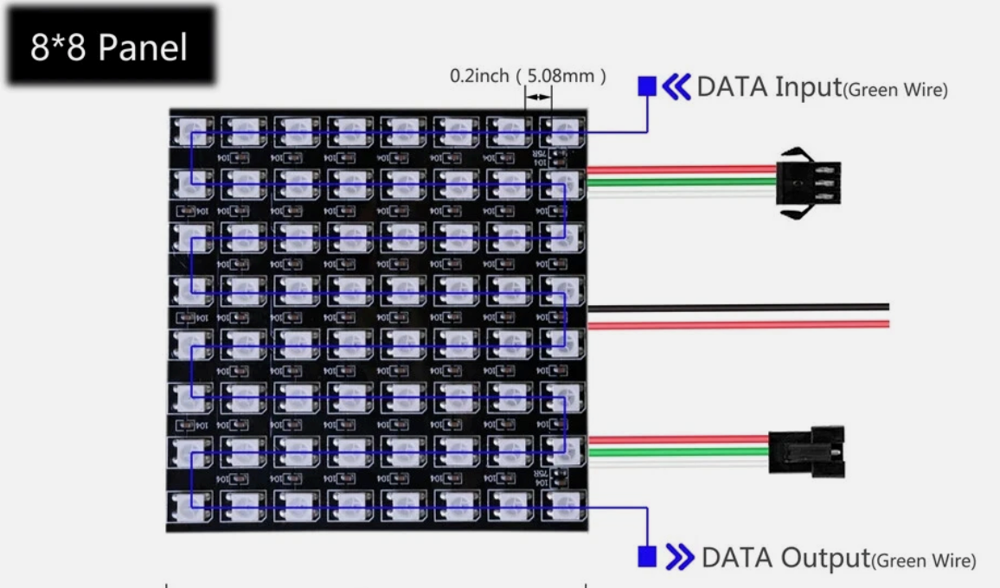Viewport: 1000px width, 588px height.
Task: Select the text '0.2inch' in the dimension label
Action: click(479, 76)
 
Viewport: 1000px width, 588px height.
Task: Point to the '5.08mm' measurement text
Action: click(561, 76)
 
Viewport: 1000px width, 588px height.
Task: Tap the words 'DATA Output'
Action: click(785, 558)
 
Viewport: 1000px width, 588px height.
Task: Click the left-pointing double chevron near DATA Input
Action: click(676, 86)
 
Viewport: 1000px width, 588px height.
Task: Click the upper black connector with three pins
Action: click(809, 183)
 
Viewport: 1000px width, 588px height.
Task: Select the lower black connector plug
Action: click(805, 451)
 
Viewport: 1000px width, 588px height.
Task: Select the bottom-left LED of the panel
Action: click(192, 506)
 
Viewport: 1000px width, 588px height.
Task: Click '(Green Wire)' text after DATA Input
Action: click(895, 90)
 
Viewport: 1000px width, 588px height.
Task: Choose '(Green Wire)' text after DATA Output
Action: click(923, 561)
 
